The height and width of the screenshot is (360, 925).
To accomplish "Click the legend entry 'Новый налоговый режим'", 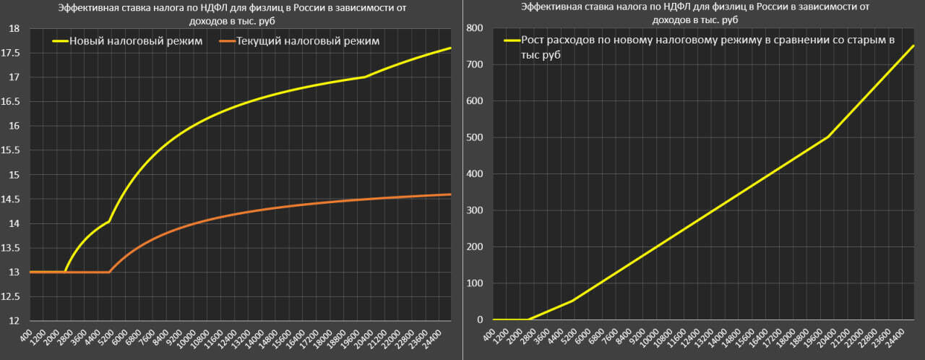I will [136, 41].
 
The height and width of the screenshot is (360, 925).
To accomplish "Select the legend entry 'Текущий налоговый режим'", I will [308, 41].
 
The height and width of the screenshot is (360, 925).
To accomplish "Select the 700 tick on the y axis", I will [474, 64].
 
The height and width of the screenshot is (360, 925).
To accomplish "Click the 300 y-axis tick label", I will [474, 210].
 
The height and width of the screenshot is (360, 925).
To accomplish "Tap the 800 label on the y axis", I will [474, 28].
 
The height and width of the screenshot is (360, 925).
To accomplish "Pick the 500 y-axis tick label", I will [474, 137].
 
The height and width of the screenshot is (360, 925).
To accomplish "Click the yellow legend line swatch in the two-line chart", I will [59, 41].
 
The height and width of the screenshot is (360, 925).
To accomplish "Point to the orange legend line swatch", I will [226, 41].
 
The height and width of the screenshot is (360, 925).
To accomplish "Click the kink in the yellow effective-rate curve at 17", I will [365, 77].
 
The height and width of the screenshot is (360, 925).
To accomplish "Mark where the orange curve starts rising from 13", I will [109, 272].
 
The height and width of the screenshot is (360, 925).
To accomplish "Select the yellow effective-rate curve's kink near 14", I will [109, 221].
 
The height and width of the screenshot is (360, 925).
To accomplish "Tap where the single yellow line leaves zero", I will [528, 319].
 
